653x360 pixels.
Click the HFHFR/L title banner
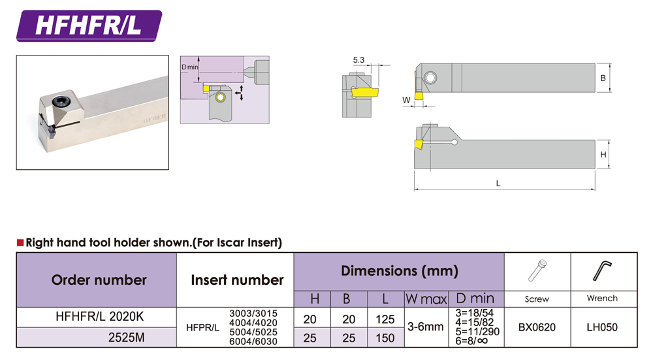click(88, 25)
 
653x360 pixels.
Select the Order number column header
click(99, 280)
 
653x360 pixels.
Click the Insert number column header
click(237, 280)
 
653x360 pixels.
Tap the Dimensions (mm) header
click(399, 270)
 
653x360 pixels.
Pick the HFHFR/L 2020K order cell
click(99, 318)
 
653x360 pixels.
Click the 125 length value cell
click(385, 319)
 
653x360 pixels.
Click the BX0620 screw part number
click(537, 327)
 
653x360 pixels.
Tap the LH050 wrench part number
click(601, 327)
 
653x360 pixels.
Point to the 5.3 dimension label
click(358, 60)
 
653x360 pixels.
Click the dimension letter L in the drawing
click(498, 184)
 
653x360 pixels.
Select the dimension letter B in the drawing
click(603, 78)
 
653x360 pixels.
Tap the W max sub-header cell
click(425, 299)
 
